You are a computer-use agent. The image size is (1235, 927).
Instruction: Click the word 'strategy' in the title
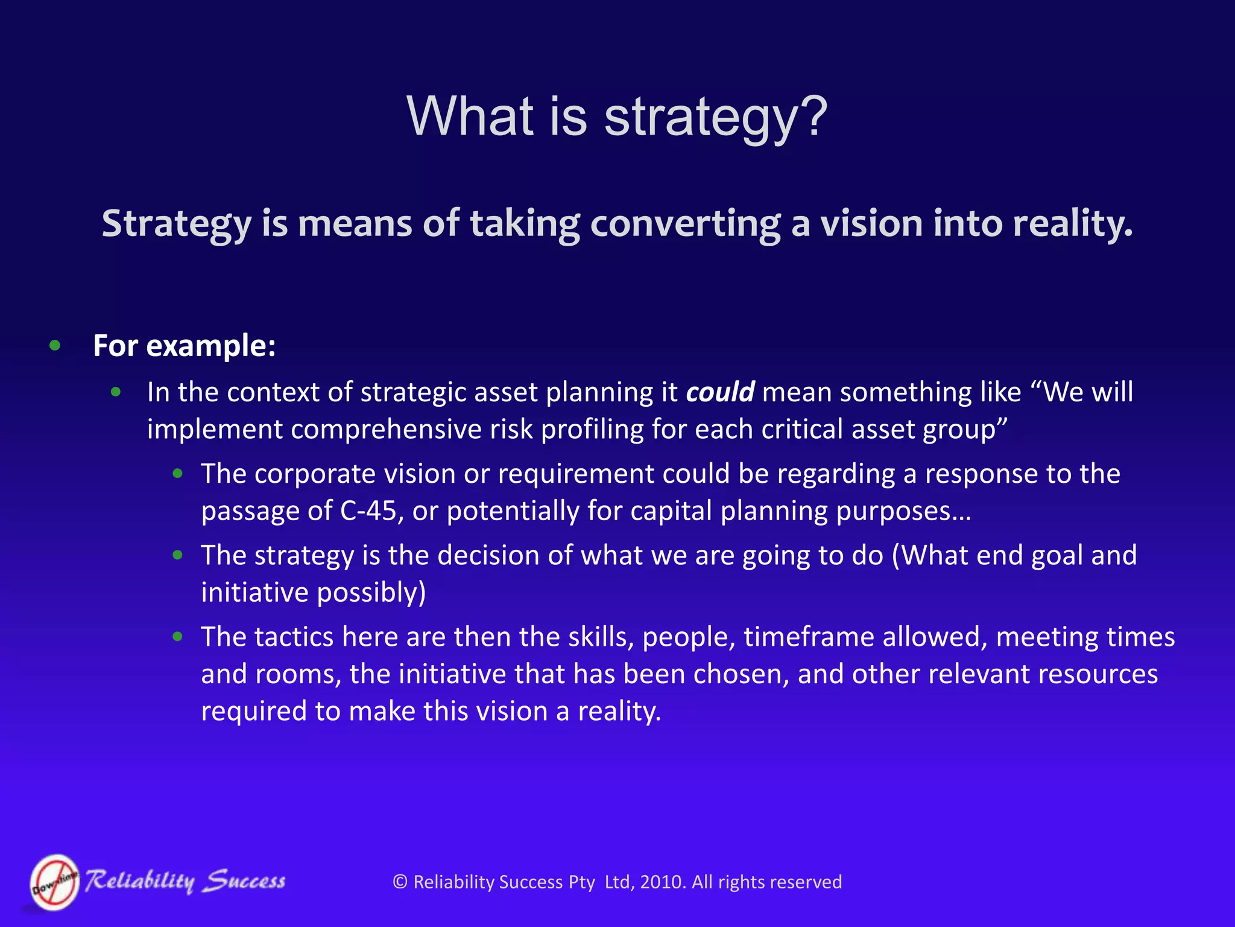(699, 118)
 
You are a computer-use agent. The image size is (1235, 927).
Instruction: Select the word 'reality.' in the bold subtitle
(1073, 223)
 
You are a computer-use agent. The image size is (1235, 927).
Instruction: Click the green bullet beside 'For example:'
(55, 345)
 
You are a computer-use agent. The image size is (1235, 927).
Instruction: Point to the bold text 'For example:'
(184, 346)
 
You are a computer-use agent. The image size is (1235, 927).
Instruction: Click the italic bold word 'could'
(720, 392)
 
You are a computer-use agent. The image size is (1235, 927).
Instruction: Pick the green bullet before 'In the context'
(116, 392)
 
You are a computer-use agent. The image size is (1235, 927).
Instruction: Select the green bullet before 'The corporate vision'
(177, 474)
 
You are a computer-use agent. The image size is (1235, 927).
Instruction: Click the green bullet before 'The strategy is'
(177, 555)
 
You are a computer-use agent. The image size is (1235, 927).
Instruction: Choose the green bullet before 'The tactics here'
(177, 637)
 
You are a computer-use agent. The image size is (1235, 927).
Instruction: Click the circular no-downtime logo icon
(55, 882)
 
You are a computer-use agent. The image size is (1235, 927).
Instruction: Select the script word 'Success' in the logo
(244, 882)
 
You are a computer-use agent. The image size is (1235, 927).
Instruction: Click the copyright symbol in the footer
(400, 882)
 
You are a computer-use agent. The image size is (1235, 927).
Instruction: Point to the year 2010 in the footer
(662, 882)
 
